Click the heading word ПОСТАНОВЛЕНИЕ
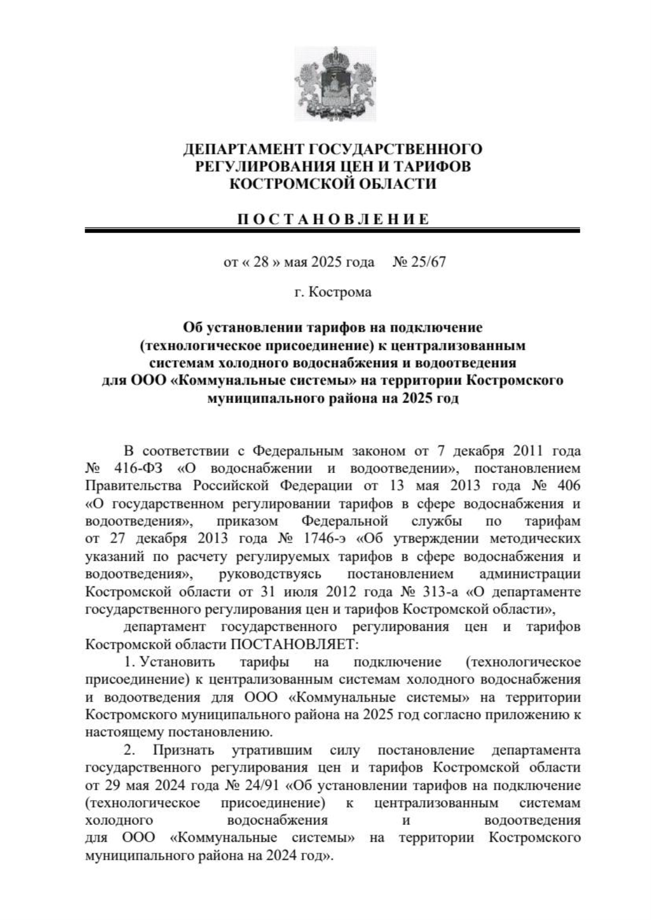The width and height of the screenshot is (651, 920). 333,219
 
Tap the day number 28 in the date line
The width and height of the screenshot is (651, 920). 261,263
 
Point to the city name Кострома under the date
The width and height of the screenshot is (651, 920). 340,292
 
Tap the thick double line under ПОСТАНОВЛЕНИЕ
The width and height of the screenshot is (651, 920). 333,231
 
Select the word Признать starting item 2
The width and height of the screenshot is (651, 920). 183,751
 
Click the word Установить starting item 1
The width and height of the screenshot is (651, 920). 177,662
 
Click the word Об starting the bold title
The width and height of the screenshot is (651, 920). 191,328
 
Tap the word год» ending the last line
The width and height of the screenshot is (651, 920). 315,857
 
